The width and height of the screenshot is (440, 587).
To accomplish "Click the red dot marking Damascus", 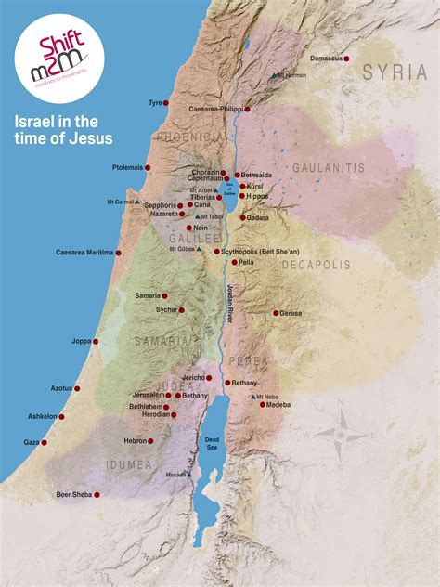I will coord(346,59).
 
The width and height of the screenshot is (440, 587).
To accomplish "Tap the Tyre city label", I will coord(154,103).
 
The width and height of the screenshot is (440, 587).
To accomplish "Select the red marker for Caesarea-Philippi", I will coord(247,109).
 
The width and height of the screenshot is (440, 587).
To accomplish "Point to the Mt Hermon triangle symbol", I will coord(274,74).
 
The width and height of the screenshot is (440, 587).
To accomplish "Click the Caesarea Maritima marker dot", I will coord(119,252).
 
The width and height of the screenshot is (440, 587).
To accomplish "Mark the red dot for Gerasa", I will coord(276,313).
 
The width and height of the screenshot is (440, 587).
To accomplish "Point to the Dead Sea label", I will coord(212,442).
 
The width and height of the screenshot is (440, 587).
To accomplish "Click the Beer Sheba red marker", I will coord(97,494).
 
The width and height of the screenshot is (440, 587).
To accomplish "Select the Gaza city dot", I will coord(45,442).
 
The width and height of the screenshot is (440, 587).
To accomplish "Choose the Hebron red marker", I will coord(153,440).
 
